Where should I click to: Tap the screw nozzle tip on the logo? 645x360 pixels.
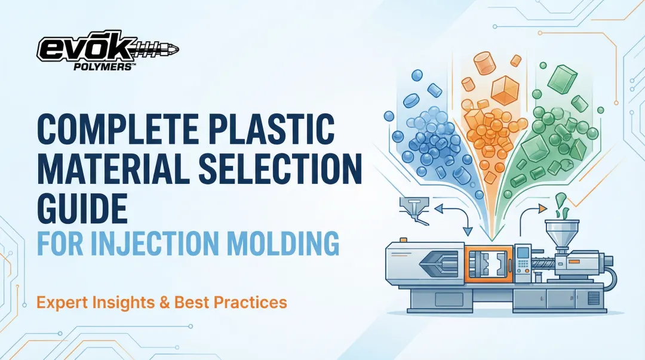[x=173, y=48]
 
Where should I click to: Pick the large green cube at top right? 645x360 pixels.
[x=563, y=79]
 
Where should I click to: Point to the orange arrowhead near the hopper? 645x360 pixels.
[x=542, y=208]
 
